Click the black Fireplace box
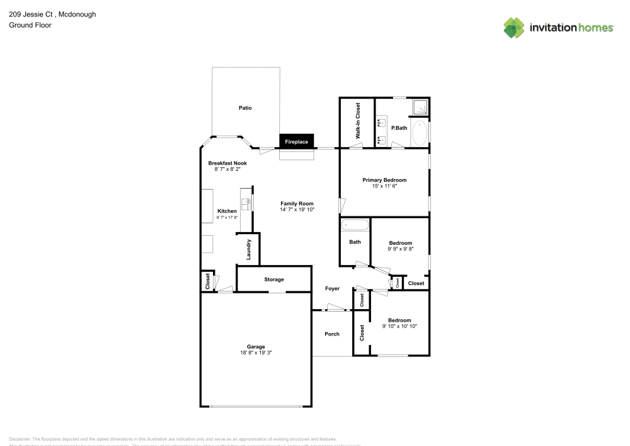[297, 142]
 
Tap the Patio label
[245, 108]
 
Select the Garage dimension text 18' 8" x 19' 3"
[256, 353]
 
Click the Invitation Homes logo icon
[513, 27]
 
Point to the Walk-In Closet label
[357, 121]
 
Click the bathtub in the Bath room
[355, 225]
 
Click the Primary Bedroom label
[384, 180]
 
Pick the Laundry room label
[249, 249]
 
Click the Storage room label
[274, 279]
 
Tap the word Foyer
[332, 288]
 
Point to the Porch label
[332, 334]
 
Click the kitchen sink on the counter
[247, 204]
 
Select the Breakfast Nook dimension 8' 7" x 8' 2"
[227, 169]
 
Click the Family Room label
[297, 203]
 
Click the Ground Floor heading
[30, 25]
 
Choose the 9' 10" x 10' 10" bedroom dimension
[400, 326]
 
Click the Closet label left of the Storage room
[207, 281]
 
